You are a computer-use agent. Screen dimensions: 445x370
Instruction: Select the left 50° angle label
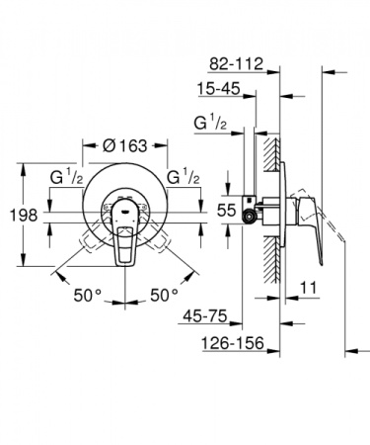pyautogui.click(x=88, y=295)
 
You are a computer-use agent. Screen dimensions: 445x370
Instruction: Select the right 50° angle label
pyautogui.click(x=165, y=295)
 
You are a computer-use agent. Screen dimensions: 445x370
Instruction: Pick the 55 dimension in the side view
pyautogui.click(x=228, y=209)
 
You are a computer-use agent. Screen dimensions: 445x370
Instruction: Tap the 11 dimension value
pyautogui.click(x=308, y=289)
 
